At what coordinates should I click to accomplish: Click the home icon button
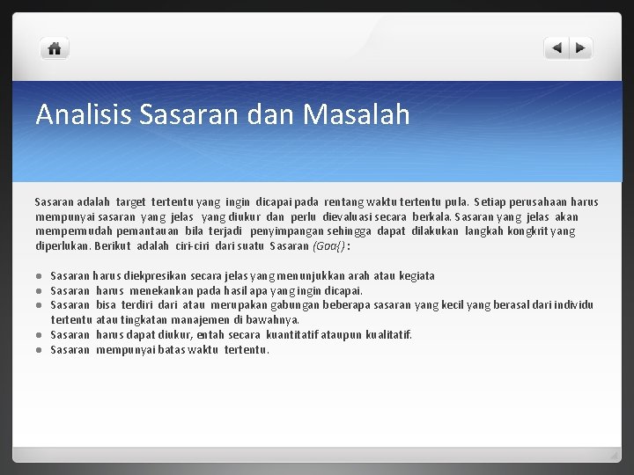[55, 49]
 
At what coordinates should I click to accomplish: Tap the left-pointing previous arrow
[557, 49]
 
